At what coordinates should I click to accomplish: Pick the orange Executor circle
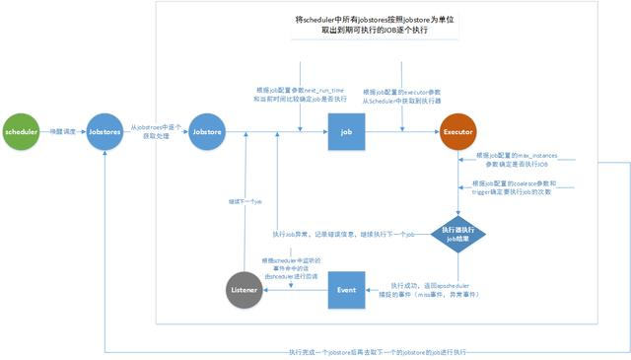460,131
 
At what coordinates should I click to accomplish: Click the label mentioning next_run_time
288,94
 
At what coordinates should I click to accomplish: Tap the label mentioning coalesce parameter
520,189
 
